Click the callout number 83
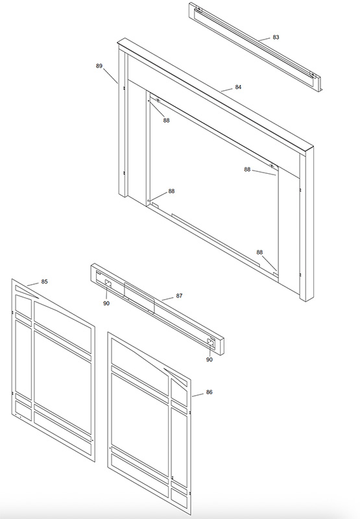(276, 37)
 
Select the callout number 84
(238, 87)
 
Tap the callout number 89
(99, 66)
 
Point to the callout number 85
(44, 282)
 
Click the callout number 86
(209, 392)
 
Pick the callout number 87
(179, 296)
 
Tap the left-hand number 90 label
(106, 303)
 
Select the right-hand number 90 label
(210, 359)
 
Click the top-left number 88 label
(167, 120)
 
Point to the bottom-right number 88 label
(259, 252)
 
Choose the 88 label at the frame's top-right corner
(248, 169)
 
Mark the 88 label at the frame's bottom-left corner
(171, 191)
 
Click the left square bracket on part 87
(108, 283)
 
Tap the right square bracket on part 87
(210, 343)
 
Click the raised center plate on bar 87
(139, 298)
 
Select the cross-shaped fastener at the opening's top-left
(158, 100)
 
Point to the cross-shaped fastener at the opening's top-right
(272, 165)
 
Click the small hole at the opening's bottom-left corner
(149, 200)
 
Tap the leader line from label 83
(265, 39)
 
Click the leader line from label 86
(198, 394)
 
